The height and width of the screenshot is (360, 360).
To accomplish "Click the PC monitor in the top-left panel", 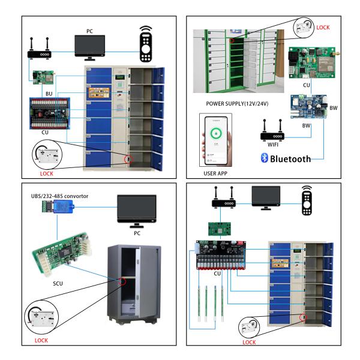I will (89, 46).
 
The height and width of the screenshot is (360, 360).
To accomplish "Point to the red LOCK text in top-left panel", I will (46, 173).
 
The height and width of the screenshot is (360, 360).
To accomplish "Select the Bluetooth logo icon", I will (263, 158).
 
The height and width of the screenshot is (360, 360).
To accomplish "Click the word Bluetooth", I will (291, 159).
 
